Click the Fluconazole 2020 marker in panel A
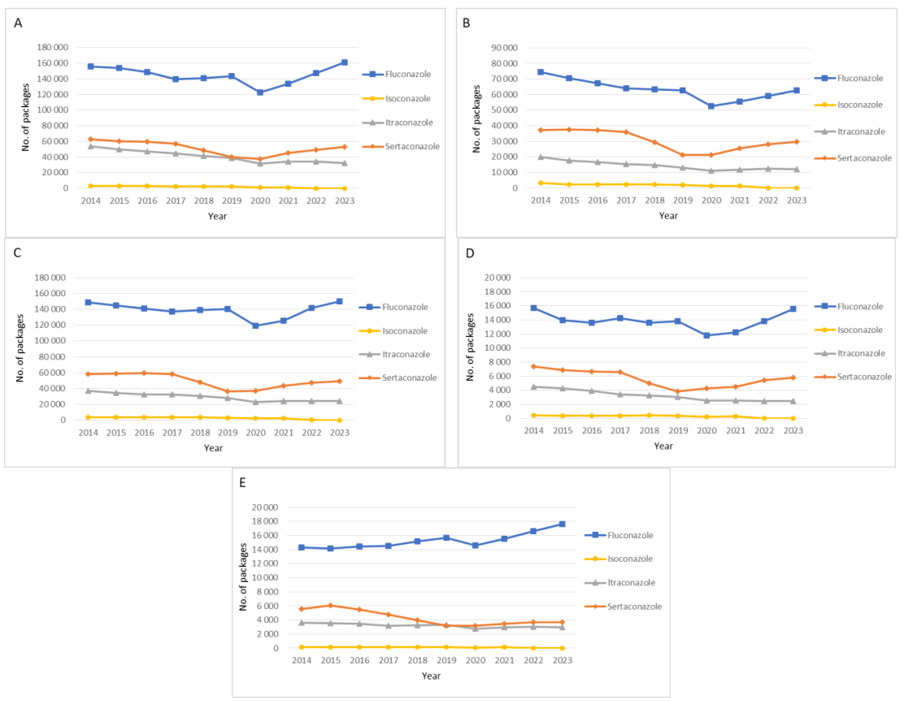coord(260,92)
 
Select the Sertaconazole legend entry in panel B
coord(864,158)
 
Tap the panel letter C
coord(17,253)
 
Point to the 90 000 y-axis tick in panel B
coord(504,48)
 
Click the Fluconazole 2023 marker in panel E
coord(562,524)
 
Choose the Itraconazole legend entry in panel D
coord(861,353)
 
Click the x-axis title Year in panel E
coord(431,676)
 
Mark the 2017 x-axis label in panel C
coord(172,433)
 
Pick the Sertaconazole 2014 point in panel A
coord(91,139)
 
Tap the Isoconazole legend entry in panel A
coord(408,99)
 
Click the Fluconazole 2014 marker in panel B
coord(541,72)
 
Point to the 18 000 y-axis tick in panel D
coord(497,292)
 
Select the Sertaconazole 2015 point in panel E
coord(330,606)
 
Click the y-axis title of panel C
coord(20,348)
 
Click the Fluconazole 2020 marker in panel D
coord(707,335)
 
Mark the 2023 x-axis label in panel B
coord(796,201)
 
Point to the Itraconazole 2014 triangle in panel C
coord(88,391)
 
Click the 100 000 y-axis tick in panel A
coord(52,110)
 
